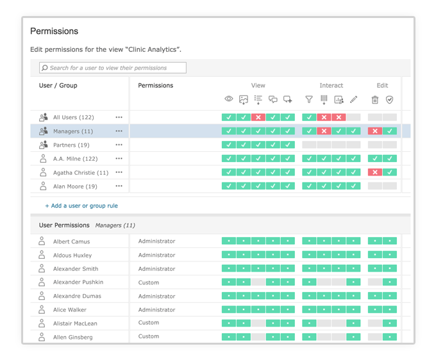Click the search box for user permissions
113,68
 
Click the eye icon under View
229,99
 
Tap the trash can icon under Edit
375,99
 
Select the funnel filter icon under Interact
309,99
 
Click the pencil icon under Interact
353,99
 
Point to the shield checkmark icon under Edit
389,99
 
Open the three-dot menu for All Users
119,117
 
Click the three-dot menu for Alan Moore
119,186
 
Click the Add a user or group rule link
81,206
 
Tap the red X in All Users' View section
258,117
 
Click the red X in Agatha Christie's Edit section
375,172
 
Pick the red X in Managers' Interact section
324,131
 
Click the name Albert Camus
71,241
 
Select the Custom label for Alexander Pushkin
149,282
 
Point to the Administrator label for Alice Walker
156,310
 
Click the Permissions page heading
54,31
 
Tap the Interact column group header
331,85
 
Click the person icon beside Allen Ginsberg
42,337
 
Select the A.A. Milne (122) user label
75,159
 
